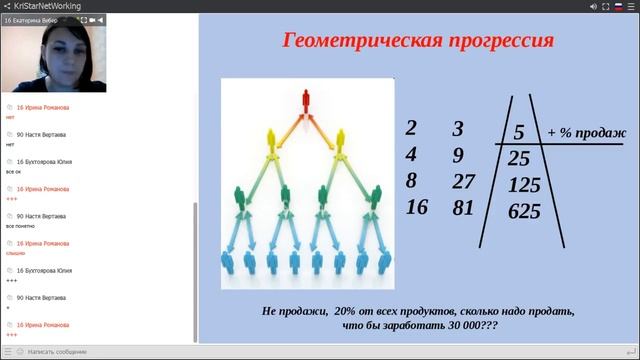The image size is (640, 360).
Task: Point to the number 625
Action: pos(524,212)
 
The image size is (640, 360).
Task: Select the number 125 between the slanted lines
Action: pos(524,185)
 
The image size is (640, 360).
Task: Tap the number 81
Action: pos(461,208)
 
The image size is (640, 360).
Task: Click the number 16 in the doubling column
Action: pos(416,208)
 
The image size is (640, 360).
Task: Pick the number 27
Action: pos(461,181)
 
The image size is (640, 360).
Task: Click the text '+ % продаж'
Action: pos(587,133)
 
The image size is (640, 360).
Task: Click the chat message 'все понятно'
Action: pos(22,226)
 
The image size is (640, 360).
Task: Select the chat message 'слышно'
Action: pos(15,253)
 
